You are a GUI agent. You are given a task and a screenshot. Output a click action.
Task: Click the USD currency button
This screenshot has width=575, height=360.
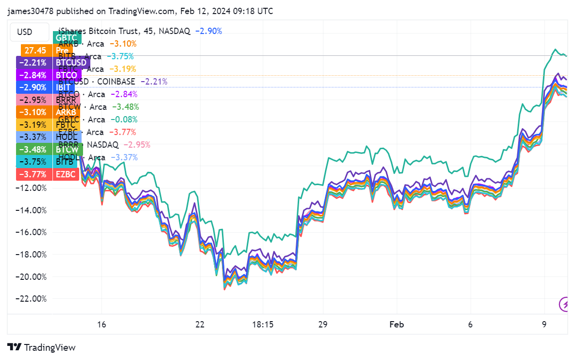(25, 32)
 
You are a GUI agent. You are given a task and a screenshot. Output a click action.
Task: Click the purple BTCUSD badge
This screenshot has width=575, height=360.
(71, 63)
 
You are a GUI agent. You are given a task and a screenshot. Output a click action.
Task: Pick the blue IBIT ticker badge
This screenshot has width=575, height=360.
(65, 87)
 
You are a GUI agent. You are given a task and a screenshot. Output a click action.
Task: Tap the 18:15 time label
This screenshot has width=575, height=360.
(263, 325)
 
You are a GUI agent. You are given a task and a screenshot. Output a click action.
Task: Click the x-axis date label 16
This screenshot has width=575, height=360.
(101, 325)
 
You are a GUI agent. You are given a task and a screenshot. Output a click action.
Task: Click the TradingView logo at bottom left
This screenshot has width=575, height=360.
(41, 347)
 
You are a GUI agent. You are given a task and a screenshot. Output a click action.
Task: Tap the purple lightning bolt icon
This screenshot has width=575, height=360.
(565, 305)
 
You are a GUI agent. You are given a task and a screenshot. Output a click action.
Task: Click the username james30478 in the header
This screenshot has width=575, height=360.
(30, 11)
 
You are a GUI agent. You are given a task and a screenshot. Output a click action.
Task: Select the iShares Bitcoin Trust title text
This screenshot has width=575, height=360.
(97, 31)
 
